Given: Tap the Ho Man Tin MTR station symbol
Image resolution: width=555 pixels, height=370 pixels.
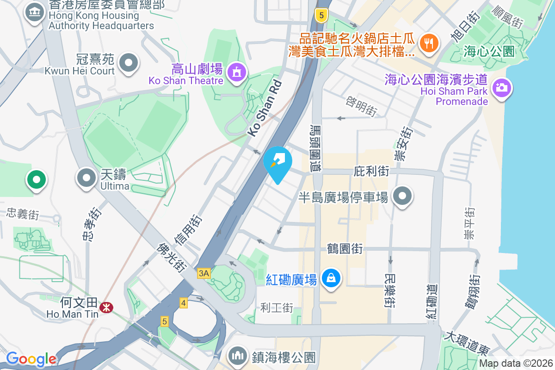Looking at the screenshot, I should (107, 306).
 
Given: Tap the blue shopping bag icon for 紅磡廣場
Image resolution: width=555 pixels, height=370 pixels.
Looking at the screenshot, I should (331, 278).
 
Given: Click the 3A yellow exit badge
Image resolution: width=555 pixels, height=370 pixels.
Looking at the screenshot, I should (203, 273).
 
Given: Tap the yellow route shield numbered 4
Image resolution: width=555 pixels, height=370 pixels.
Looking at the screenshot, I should (184, 303).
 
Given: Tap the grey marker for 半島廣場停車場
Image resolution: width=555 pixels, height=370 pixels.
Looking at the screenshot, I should (402, 196).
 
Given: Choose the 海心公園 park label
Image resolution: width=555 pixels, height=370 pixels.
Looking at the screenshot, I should (489, 51).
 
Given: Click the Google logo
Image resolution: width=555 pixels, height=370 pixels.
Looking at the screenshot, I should (31, 359).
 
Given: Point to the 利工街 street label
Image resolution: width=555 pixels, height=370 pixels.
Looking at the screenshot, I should (277, 307).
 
